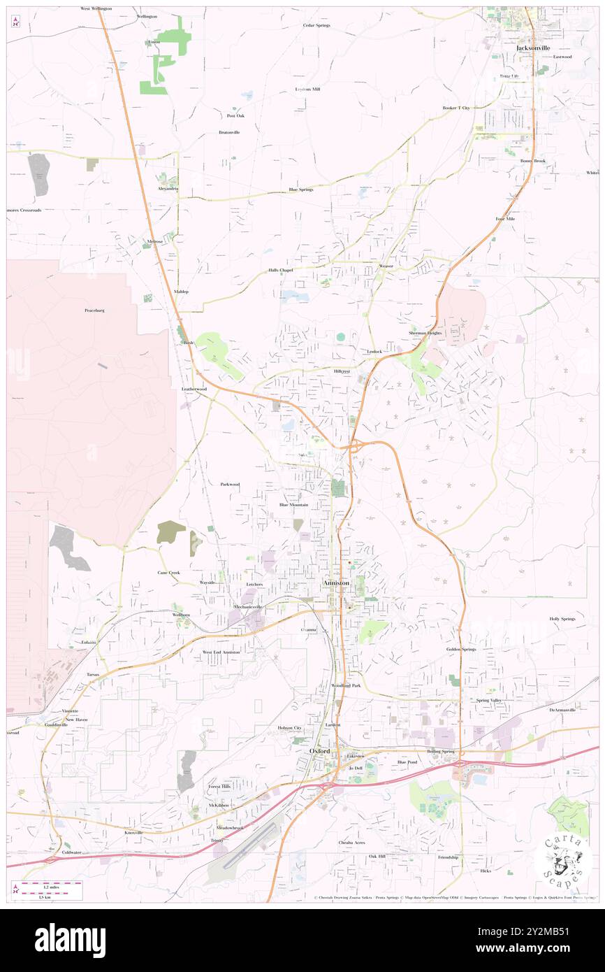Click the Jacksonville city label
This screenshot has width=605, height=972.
[x=533, y=48]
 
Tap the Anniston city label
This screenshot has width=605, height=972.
[x=337, y=583]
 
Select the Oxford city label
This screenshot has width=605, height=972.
[x=321, y=751]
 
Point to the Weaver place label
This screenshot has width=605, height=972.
[x=386, y=266]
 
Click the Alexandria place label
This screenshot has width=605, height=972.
[x=168, y=189]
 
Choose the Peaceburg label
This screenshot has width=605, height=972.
[x=94, y=310]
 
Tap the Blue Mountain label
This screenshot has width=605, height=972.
[x=293, y=504]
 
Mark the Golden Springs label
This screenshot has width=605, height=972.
[x=461, y=649]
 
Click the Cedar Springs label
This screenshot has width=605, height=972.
[x=316, y=24]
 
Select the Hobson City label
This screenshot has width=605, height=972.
[x=289, y=728]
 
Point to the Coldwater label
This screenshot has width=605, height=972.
[x=71, y=852]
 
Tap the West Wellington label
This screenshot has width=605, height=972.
[x=96, y=8]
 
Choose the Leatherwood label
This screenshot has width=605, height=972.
[x=194, y=388]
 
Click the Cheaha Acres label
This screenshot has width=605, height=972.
[x=351, y=843]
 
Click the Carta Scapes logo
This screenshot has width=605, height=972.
[x=562, y=860]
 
